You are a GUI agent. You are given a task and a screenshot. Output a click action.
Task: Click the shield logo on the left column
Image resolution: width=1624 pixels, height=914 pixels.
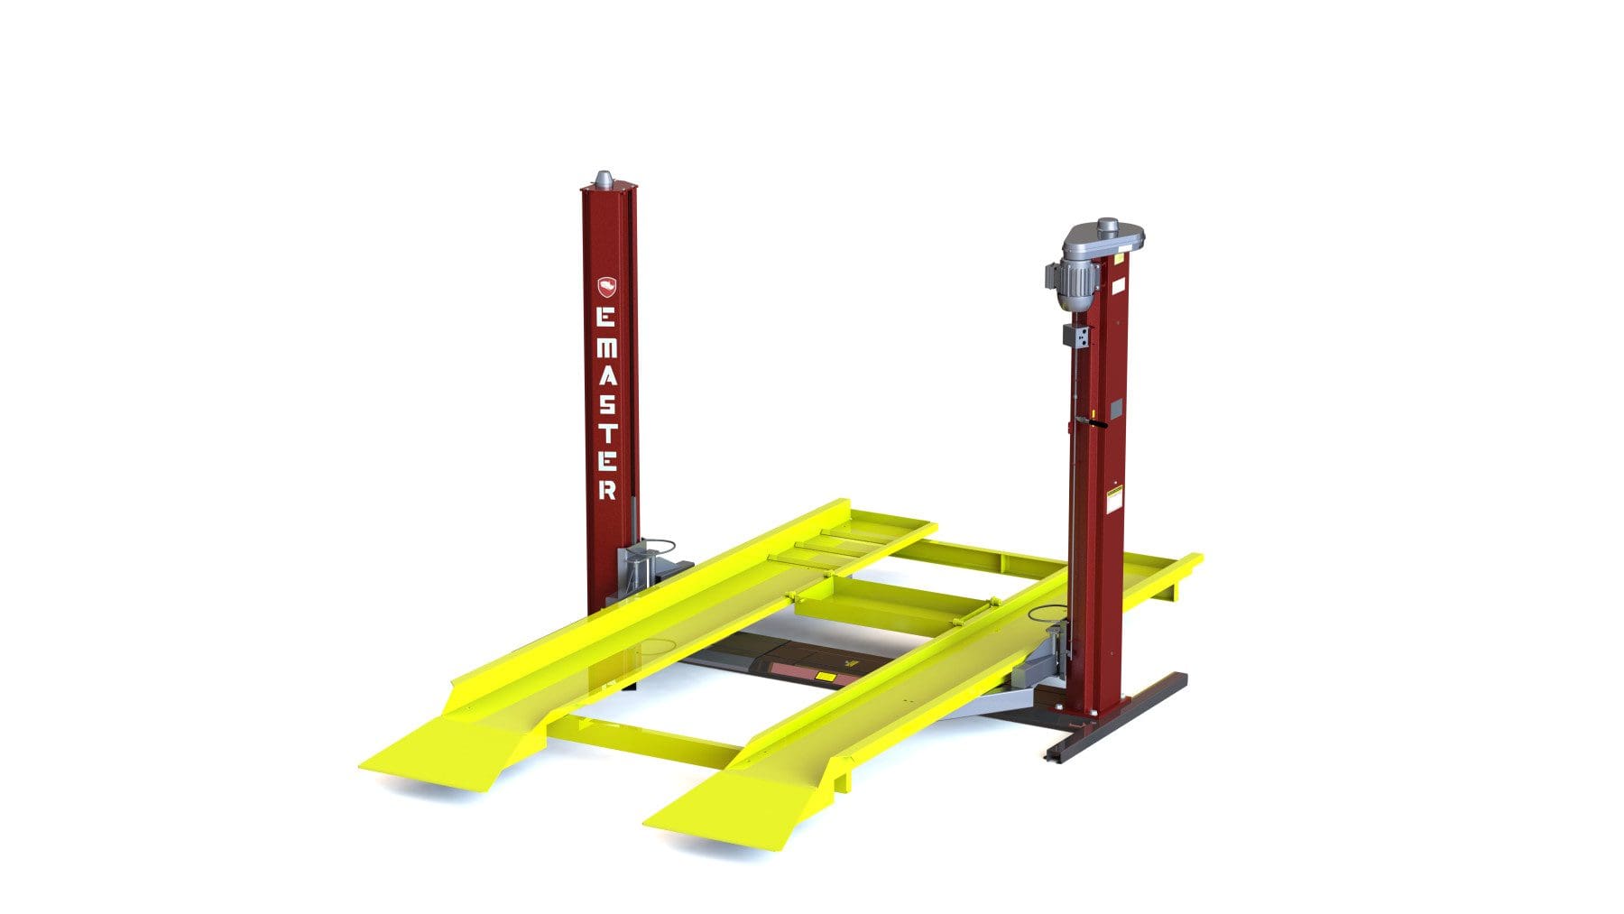(x=608, y=287)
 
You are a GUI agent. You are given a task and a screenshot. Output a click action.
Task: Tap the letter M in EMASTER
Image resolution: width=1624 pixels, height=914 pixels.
(x=608, y=347)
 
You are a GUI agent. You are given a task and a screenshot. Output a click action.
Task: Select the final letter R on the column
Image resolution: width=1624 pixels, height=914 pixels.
(x=607, y=490)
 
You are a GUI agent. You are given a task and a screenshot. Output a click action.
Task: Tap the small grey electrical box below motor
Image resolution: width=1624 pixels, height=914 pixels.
(x=1075, y=337)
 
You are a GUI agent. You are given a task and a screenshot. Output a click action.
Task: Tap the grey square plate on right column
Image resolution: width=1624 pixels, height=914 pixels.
(x=1115, y=409)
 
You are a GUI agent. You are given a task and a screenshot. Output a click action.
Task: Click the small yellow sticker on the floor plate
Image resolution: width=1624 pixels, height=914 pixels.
(x=825, y=676)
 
